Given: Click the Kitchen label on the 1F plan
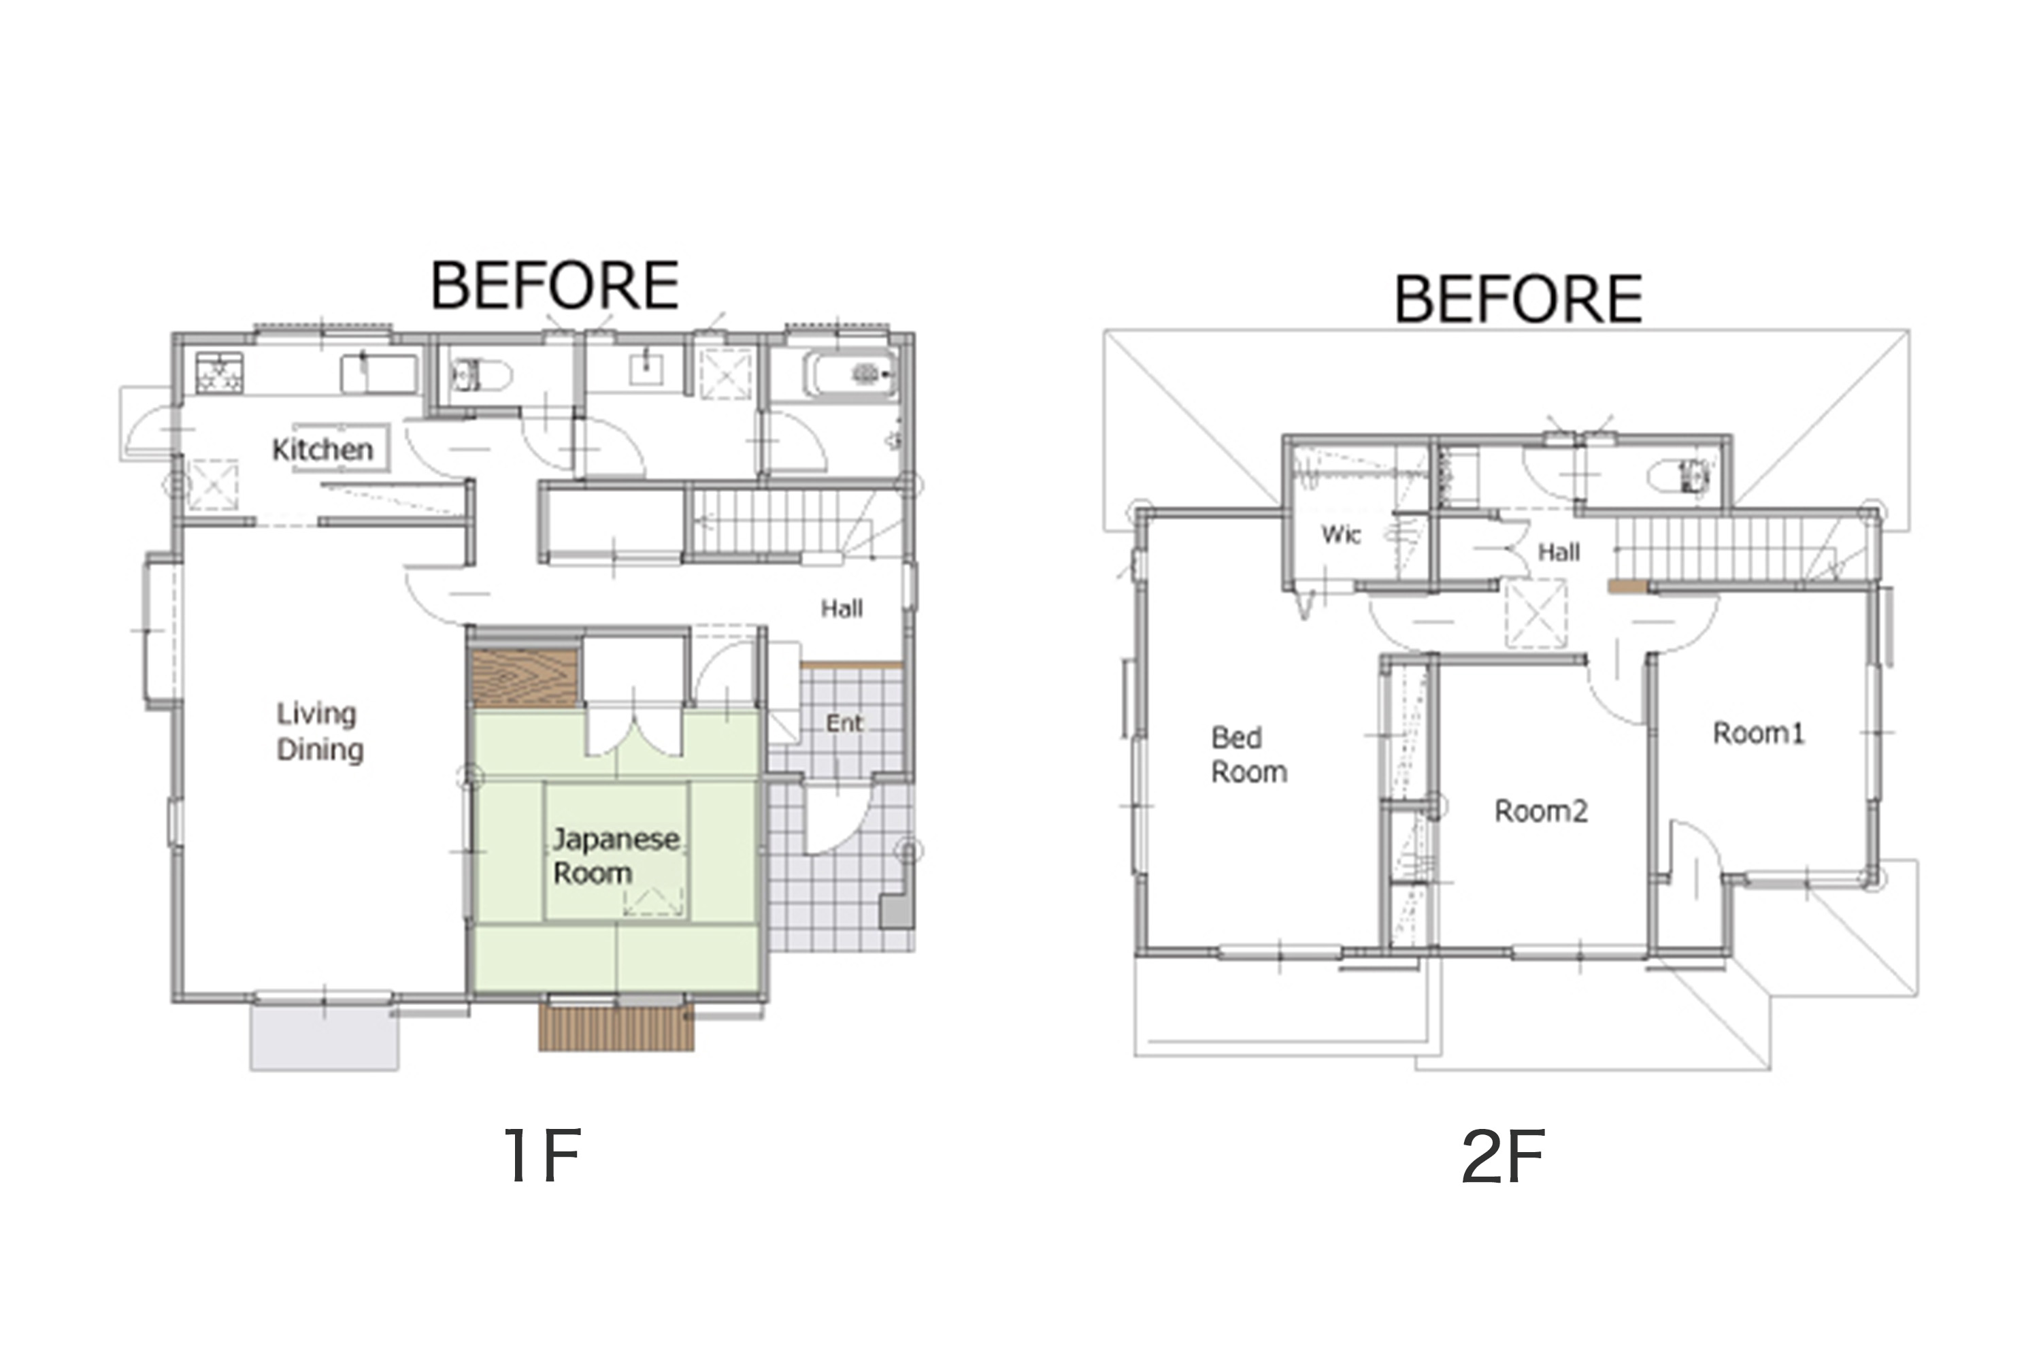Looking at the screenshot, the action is pos(322,450).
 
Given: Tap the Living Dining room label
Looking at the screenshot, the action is pos(319,732).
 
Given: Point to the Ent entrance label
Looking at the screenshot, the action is pos(844,723).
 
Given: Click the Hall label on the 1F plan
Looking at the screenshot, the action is pos(842,608).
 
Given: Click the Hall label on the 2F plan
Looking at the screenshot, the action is pos(1559,552).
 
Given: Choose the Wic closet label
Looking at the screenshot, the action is pos(1341,535).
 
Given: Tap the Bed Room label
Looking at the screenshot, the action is pos(1248,754).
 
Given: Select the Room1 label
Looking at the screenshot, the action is pos(1758,734).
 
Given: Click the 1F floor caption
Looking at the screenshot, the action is pos(543,1155).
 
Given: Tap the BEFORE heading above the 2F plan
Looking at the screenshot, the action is pos(1518,299).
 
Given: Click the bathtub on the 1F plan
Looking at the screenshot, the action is pos(850,374).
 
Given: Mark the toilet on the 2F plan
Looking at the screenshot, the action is pos(1678,476).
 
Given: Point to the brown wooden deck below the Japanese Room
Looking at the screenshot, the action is pos(616,1028).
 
